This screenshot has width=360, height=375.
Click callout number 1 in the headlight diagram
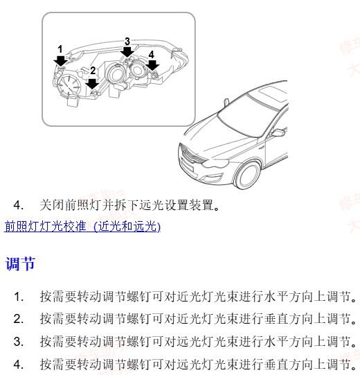click(x=60, y=49)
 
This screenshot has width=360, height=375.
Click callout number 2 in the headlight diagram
click(x=93, y=70)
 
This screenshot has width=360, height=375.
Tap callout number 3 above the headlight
click(x=127, y=42)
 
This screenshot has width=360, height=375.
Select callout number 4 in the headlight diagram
click(x=151, y=54)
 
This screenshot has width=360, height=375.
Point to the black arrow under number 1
click(x=60, y=61)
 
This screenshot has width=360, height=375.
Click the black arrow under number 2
click(x=93, y=82)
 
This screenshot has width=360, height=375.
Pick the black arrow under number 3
click(x=127, y=53)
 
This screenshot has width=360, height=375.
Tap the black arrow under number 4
click(x=151, y=65)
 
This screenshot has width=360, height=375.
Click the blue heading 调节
click(x=20, y=263)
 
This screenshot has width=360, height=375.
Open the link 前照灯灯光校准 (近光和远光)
click(x=82, y=227)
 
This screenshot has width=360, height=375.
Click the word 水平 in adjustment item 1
click(x=275, y=297)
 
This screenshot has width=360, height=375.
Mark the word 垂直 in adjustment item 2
click(x=275, y=319)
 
